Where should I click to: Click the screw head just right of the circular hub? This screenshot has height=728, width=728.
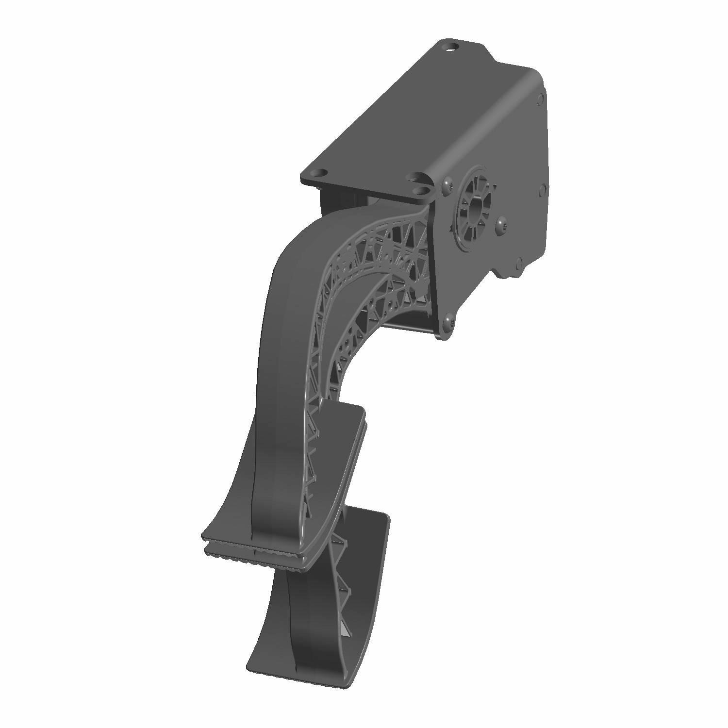[500, 222]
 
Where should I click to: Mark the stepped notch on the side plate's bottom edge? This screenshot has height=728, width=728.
[500, 272]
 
